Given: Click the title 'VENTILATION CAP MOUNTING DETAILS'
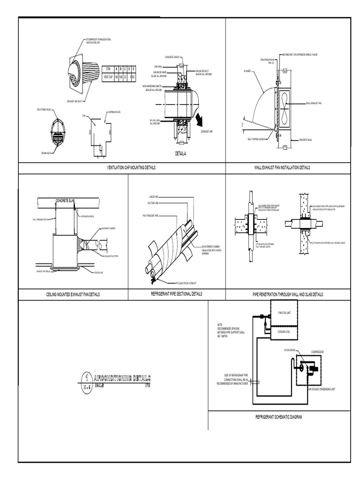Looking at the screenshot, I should pyautogui.click(x=131, y=167).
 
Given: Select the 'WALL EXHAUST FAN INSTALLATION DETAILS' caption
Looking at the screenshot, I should pyautogui.click(x=282, y=167).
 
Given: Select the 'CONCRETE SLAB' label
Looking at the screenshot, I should pyautogui.click(x=68, y=201).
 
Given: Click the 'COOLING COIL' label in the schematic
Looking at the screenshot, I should pyautogui.click(x=285, y=331).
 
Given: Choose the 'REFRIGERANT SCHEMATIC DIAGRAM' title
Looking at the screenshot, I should pyautogui.click(x=278, y=416).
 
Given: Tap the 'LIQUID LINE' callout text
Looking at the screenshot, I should pyautogui.click(x=154, y=196).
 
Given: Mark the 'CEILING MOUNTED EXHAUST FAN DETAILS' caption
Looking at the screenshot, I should pyautogui.click(x=73, y=295).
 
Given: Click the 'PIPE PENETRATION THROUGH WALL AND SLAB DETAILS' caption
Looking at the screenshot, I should pyautogui.click(x=288, y=294).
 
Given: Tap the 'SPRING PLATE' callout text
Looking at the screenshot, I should pyautogui.click(x=115, y=112).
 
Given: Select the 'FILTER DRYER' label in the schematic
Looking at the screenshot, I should pyautogui.click(x=290, y=350).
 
